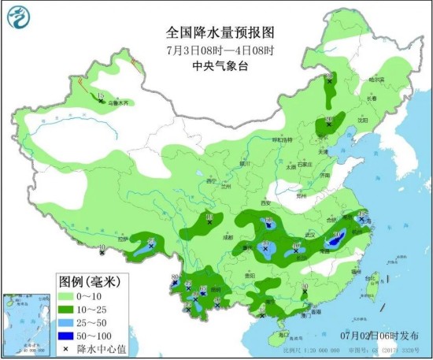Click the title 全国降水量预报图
(x=220, y=33)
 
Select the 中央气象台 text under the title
(x=220, y=67)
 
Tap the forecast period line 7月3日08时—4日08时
(x=220, y=50)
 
